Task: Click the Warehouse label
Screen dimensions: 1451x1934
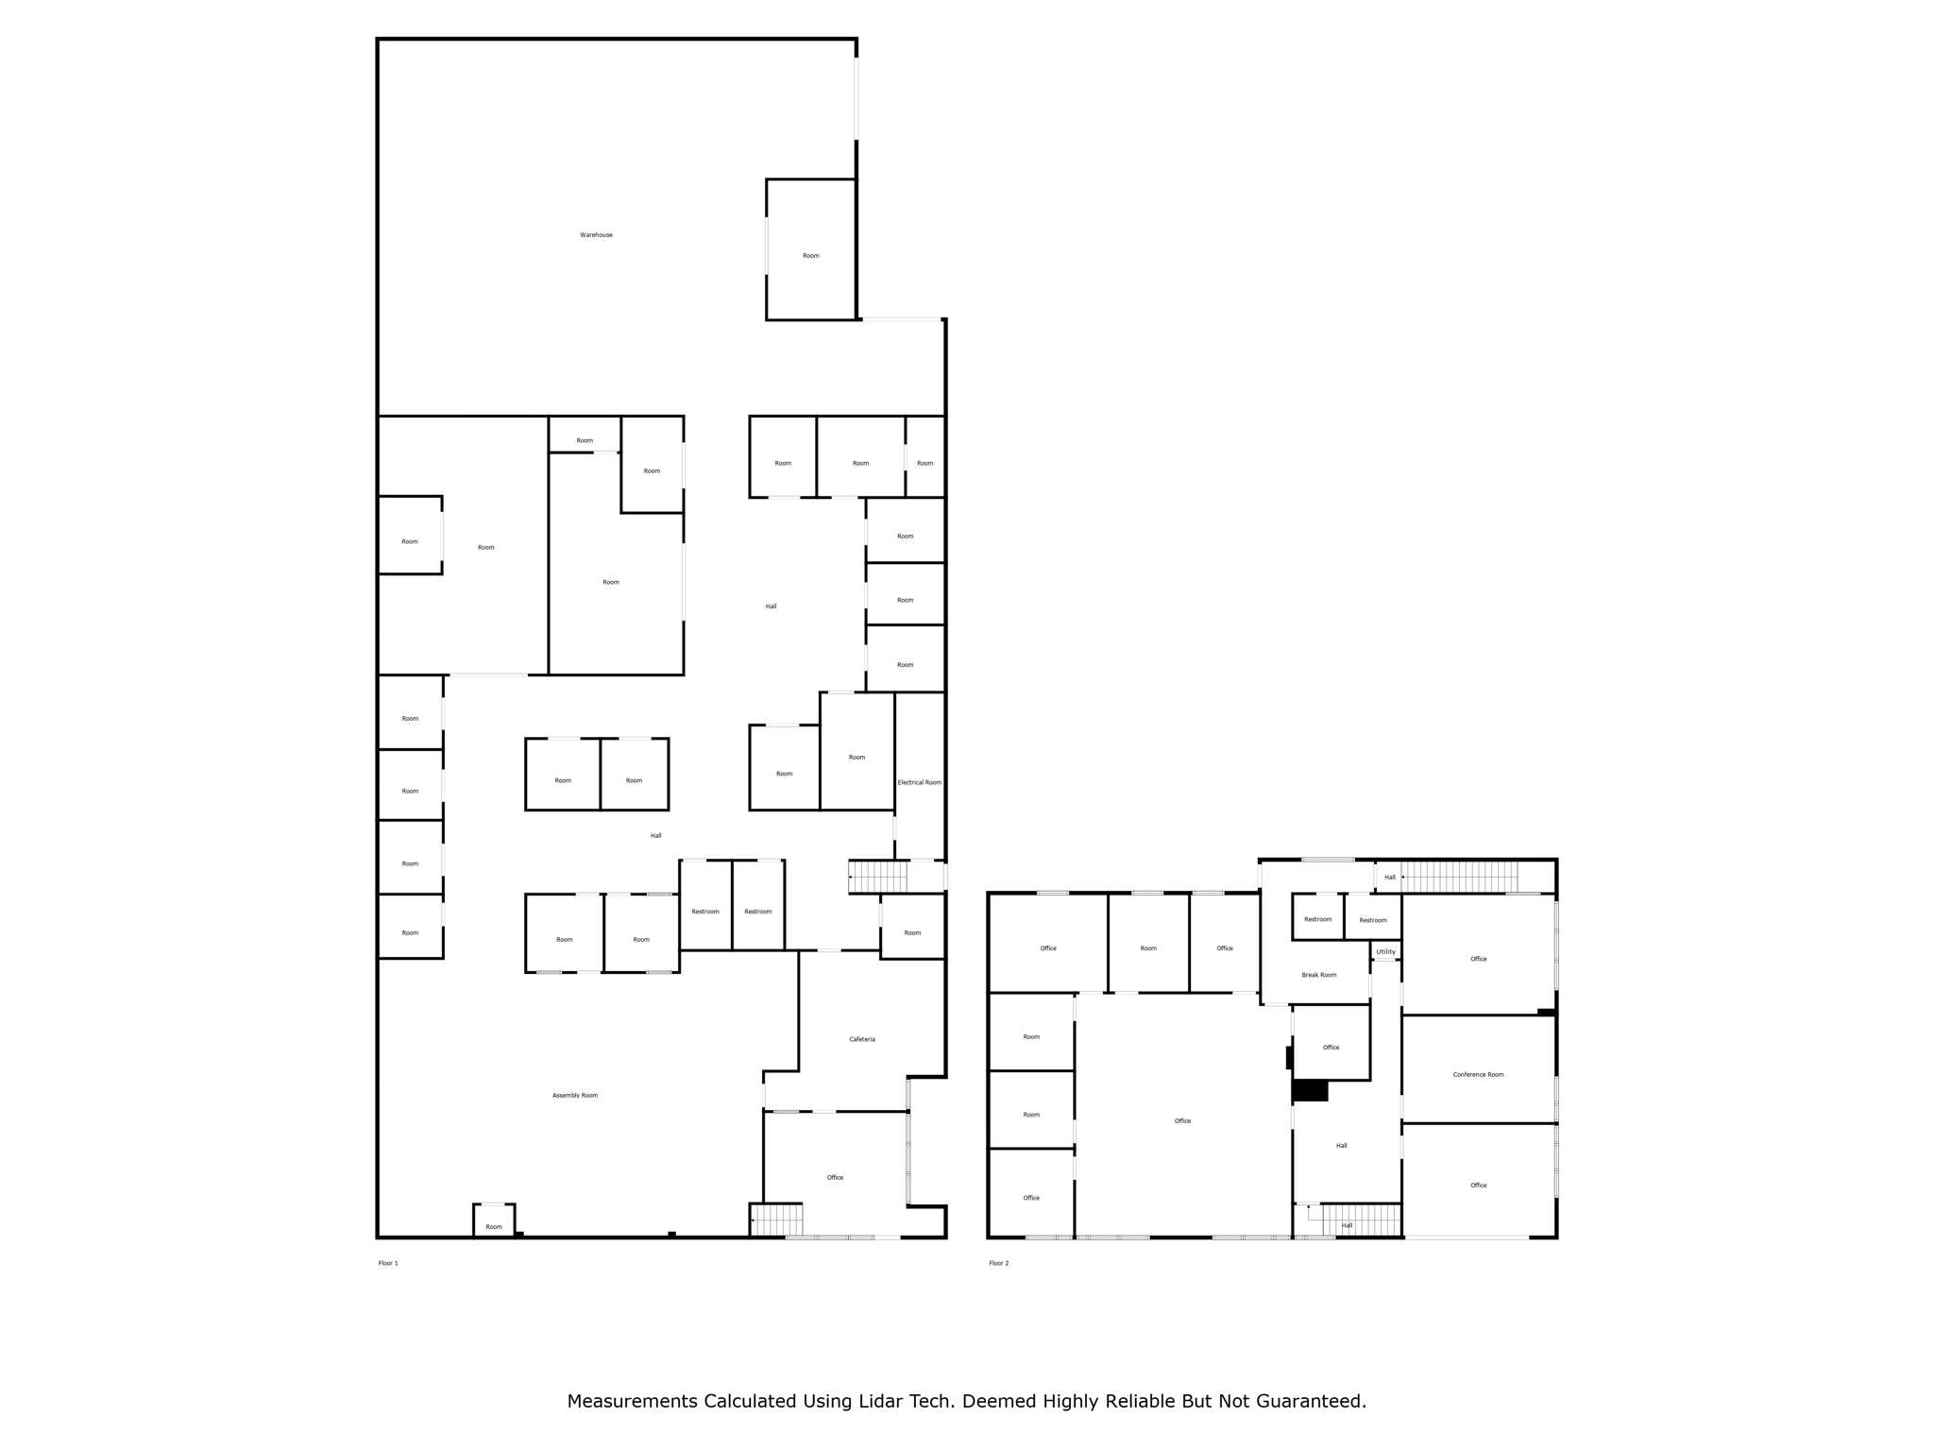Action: pos(596,234)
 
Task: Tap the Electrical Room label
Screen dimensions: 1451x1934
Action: pos(919,782)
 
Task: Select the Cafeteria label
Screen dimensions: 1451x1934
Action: pos(861,1039)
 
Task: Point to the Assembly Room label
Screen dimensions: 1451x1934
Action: pos(574,1095)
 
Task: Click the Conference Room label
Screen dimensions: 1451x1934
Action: pos(1478,1074)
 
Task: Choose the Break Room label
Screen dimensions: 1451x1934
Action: pos(1318,975)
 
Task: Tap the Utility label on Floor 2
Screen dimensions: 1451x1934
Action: pos(1385,951)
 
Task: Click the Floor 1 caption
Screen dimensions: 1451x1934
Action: pos(388,1263)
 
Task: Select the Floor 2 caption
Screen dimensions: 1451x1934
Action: pos(998,1263)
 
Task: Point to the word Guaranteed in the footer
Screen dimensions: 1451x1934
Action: pos(1310,1401)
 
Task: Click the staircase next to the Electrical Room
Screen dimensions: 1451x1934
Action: pos(878,877)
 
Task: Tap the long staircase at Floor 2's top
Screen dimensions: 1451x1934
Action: pos(1460,877)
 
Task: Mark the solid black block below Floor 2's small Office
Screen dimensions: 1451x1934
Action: pos(1310,1090)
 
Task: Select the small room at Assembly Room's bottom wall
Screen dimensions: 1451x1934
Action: pos(494,1221)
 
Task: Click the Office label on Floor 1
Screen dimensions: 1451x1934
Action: pos(835,1177)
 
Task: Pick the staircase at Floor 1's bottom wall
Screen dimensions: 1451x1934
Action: pos(776,1220)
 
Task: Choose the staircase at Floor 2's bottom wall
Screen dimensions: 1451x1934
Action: pos(1360,1220)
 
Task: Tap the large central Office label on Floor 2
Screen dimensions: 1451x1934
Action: pos(1182,1120)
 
